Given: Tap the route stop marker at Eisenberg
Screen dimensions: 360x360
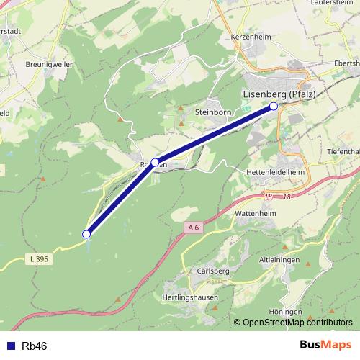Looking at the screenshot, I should click(274, 107).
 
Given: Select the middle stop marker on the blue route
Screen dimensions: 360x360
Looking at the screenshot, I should click(155, 162).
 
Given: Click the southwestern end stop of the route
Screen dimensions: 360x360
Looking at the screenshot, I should click(86, 234).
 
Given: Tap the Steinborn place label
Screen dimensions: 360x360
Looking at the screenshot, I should click(212, 112).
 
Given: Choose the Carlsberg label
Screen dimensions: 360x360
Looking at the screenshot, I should click(212, 271).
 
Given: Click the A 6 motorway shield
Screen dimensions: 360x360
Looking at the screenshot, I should click(192, 228).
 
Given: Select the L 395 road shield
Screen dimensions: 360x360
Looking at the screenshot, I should click(40, 258).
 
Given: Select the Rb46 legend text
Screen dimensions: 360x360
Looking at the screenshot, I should click(35, 346).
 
